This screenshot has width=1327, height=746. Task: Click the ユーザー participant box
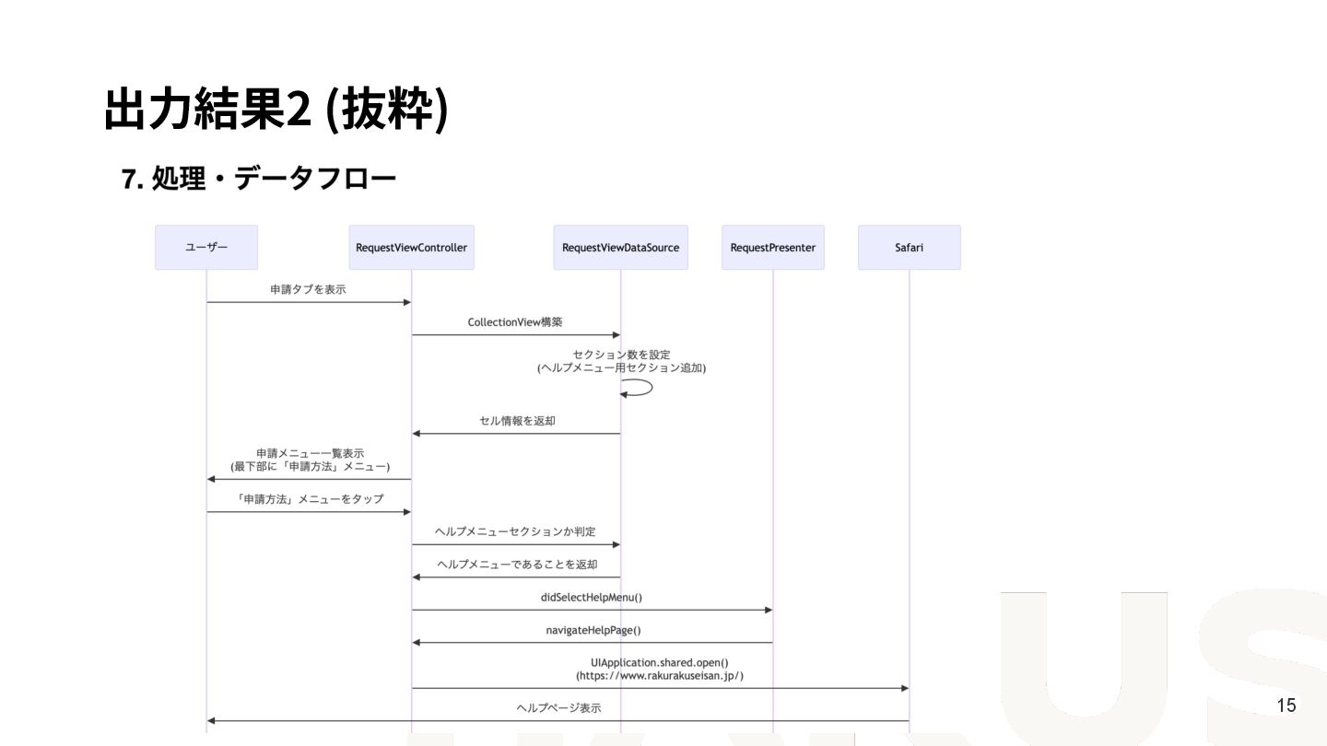pyautogui.click(x=206, y=248)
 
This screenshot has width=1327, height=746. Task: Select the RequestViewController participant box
pyautogui.click(x=411, y=248)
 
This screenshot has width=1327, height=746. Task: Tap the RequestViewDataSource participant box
pyautogui.click(x=620, y=248)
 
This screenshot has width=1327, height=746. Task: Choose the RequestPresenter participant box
pyautogui.click(x=772, y=248)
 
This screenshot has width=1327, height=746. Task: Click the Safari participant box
pyautogui.click(x=909, y=248)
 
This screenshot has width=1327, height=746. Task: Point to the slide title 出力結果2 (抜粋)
pyautogui.click(x=276, y=110)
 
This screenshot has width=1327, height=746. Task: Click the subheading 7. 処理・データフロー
pyautogui.click(x=259, y=179)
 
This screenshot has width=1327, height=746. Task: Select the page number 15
pyautogui.click(x=1286, y=705)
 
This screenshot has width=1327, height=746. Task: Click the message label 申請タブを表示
pyautogui.click(x=308, y=289)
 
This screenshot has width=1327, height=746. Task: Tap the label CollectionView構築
pyautogui.click(x=514, y=322)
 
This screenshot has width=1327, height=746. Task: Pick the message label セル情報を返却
pyautogui.click(x=517, y=421)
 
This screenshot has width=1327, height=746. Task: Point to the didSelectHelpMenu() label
pyautogui.click(x=591, y=597)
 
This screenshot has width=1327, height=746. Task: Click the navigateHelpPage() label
pyautogui.click(x=593, y=630)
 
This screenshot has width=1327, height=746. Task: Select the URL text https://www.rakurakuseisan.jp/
pyautogui.click(x=660, y=676)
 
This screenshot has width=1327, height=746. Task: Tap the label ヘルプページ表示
pyautogui.click(x=558, y=708)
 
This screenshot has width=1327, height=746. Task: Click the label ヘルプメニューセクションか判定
pyautogui.click(x=515, y=531)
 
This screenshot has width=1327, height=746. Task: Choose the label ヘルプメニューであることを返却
pyautogui.click(x=517, y=565)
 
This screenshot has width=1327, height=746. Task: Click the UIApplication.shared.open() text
pyautogui.click(x=660, y=662)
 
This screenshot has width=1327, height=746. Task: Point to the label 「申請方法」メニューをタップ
pyautogui.click(x=310, y=499)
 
